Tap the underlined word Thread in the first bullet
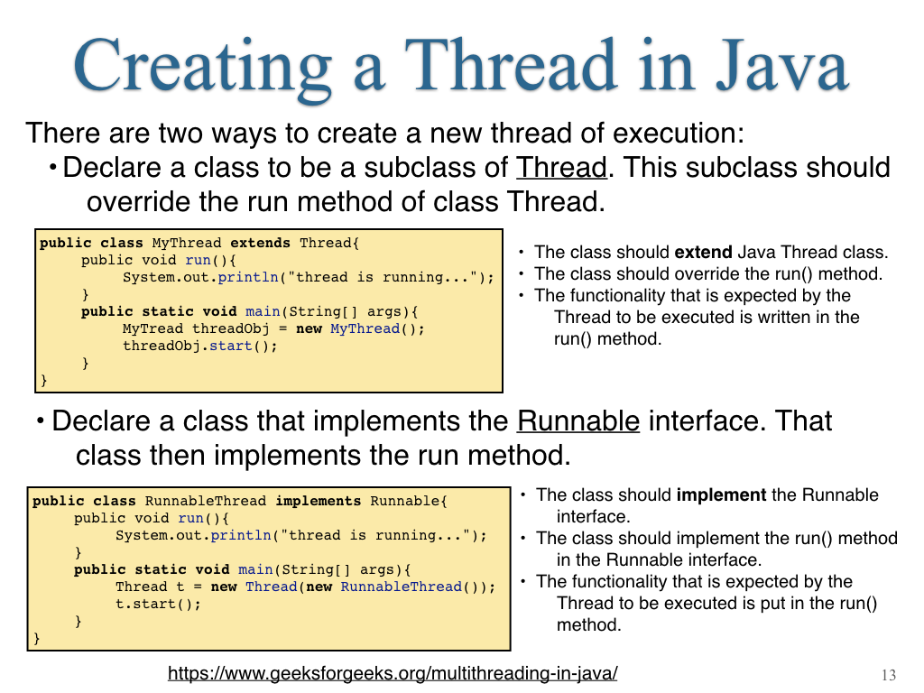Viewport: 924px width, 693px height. [x=561, y=167]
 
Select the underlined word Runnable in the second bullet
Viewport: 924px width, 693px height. [x=578, y=420]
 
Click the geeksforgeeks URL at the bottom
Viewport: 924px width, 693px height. [x=393, y=673]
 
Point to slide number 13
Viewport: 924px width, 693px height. [x=889, y=675]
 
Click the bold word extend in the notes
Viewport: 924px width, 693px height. [x=703, y=253]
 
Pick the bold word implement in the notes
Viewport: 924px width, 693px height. [x=721, y=495]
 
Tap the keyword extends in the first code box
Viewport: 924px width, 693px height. [x=260, y=243]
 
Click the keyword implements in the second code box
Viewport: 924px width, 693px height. [x=319, y=501]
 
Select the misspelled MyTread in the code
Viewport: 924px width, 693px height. [x=152, y=328]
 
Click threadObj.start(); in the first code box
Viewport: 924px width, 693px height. [x=199, y=346]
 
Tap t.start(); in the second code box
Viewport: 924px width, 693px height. [x=158, y=604]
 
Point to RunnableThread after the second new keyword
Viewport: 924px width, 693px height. [x=401, y=587]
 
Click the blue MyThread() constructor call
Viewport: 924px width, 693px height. [x=373, y=328]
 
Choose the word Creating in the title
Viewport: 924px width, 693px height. [x=202, y=66]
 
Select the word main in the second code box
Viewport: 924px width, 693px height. [x=255, y=570]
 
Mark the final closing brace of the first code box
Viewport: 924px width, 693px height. [x=43, y=380]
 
